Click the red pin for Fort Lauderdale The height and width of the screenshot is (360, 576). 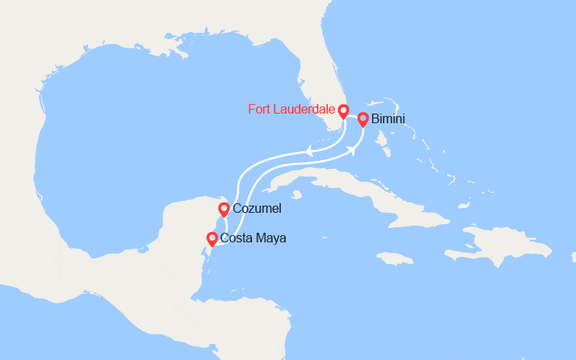pos(343,112)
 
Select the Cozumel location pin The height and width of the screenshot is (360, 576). pos(224,210)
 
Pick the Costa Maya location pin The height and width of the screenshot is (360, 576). pos(212,238)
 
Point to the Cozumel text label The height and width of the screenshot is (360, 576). pos(257,209)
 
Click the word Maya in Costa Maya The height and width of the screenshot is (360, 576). pos(271,238)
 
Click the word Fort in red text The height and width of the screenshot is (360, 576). pos(260,110)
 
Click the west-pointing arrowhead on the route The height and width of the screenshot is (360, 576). pos(309,149)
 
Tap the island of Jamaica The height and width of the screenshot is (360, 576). pos(395,258)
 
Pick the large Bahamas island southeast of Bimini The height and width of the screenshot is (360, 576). pos(385,147)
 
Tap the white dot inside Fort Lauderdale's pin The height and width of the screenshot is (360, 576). pos(343,110)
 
